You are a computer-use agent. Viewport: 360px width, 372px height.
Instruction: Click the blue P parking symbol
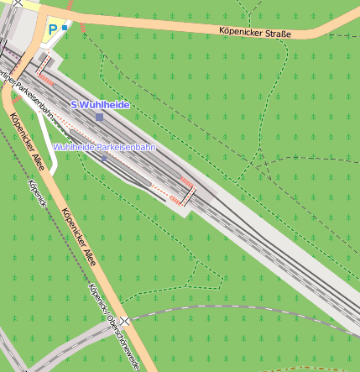pyautogui.click(x=53, y=29)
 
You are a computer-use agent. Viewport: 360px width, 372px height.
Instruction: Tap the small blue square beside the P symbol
pyautogui.click(x=65, y=28)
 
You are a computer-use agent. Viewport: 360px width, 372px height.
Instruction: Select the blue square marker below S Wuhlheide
pyautogui.click(x=100, y=118)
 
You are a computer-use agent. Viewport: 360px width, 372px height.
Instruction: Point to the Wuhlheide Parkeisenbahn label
pyautogui.click(x=104, y=147)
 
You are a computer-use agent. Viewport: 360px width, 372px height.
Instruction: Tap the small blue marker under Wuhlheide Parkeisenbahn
pyautogui.click(x=104, y=159)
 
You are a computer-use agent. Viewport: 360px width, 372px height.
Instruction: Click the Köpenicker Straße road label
pyautogui.click(x=255, y=34)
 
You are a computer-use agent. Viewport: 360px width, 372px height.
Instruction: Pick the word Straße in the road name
pyautogui.click(x=278, y=34)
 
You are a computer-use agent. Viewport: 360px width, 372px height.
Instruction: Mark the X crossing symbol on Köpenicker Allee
pyautogui.click(x=124, y=321)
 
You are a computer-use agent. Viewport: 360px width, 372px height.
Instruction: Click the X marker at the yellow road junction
pyautogui.click(x=17, y=3)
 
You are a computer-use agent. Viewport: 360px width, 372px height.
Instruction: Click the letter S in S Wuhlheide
pyautogui.click(x=74, y=105)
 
